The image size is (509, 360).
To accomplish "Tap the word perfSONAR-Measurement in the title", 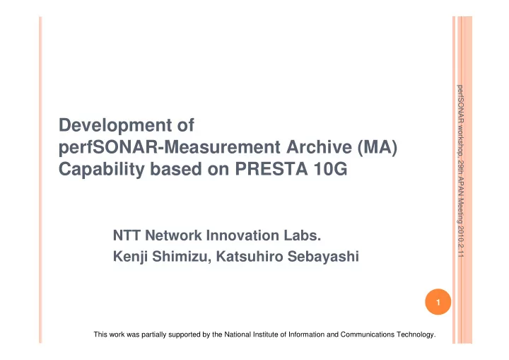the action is pos(169,147).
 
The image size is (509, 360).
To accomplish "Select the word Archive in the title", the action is pos(319,147).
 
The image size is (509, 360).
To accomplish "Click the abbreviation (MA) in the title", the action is pos(378,147).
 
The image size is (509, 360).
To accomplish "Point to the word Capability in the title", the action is pos(101,169).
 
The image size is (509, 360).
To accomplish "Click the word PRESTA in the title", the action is pos(271,169).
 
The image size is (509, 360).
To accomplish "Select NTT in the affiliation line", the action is pos(127,236).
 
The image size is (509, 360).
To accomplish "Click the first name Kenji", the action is pos(130,257).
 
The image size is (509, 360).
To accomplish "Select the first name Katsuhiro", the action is pos(250,256).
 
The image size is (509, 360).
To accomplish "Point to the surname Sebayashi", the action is pos(323,257).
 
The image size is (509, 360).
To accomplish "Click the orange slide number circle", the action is pos(438,302).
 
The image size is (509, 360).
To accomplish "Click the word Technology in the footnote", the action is pos(416,335).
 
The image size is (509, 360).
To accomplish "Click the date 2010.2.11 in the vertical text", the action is pos(460,242).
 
